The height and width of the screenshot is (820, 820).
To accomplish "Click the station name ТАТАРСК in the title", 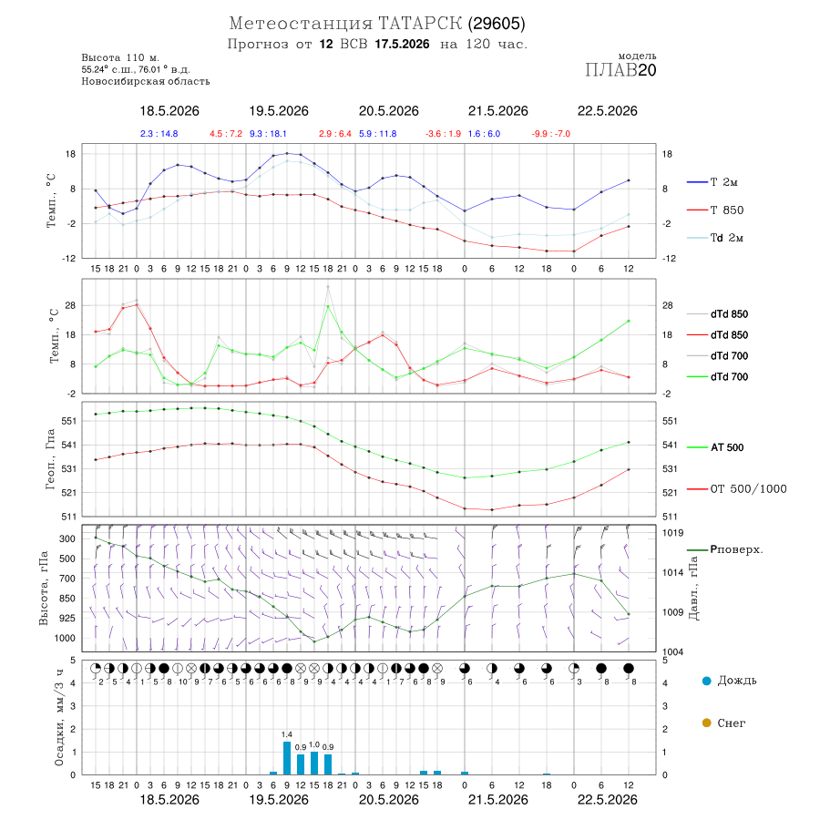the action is point(420,24).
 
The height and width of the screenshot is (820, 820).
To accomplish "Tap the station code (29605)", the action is point(497,24).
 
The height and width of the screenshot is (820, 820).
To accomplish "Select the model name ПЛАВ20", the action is point(620,70).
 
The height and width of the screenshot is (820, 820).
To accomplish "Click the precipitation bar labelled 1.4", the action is point(287,758).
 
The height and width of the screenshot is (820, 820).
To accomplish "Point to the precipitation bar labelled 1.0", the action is point(314,763).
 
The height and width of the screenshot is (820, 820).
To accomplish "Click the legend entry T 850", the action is point(715,210).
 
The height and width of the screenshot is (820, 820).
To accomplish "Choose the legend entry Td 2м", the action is point(715,238).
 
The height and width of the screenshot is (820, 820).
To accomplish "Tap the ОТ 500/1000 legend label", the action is point(737,488).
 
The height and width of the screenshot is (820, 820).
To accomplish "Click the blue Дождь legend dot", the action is point(706,681).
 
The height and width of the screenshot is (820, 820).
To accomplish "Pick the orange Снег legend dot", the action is point(706,723).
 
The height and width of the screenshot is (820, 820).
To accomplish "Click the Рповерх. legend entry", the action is point(725,549).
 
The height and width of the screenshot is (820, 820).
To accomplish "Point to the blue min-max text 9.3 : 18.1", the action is point(268,133).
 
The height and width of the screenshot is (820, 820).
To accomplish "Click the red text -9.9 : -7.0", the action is point(550,133).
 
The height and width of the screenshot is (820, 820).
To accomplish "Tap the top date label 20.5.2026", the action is point(388,111).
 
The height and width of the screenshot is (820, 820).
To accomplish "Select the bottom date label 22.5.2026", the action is point(607,800).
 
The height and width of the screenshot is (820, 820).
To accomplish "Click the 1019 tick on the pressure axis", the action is point(672,532).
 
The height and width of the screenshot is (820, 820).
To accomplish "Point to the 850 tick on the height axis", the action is point(67,599).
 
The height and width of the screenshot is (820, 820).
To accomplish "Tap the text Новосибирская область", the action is point(146,81).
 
